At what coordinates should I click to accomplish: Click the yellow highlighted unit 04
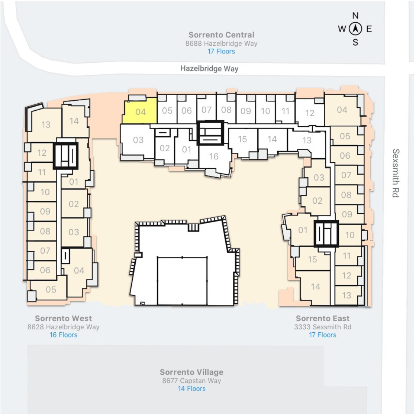(x=140, y=111)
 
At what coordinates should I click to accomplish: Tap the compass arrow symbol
(x=355, y=29)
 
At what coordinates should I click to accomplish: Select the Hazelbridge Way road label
(x=209, y=69)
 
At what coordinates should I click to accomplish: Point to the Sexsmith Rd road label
(x=396, y=173)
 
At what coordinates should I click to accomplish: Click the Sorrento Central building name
(x=221, y=35)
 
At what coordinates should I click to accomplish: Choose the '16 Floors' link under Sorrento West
(x=63, y=335)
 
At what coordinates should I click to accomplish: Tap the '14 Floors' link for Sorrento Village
(x=192, y=389)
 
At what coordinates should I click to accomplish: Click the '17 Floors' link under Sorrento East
(x=323, y=335)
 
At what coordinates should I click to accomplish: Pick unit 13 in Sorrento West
(x=45, y=124)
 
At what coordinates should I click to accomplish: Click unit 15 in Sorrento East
(x=312, y=259)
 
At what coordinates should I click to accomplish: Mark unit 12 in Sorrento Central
(x=310, y=113)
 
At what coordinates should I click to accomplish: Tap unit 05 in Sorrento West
(x=50, y=289)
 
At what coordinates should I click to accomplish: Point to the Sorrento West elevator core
(x=66, y=156)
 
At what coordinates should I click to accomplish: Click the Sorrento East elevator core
(x=326, y=234)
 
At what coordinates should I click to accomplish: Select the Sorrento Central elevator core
(x=211, y=133)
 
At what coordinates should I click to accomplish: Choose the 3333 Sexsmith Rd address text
(x=323, y=327)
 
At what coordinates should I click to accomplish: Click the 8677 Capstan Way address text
(x=192, y=381)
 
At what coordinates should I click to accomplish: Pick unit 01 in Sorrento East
(x=302, y=230)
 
